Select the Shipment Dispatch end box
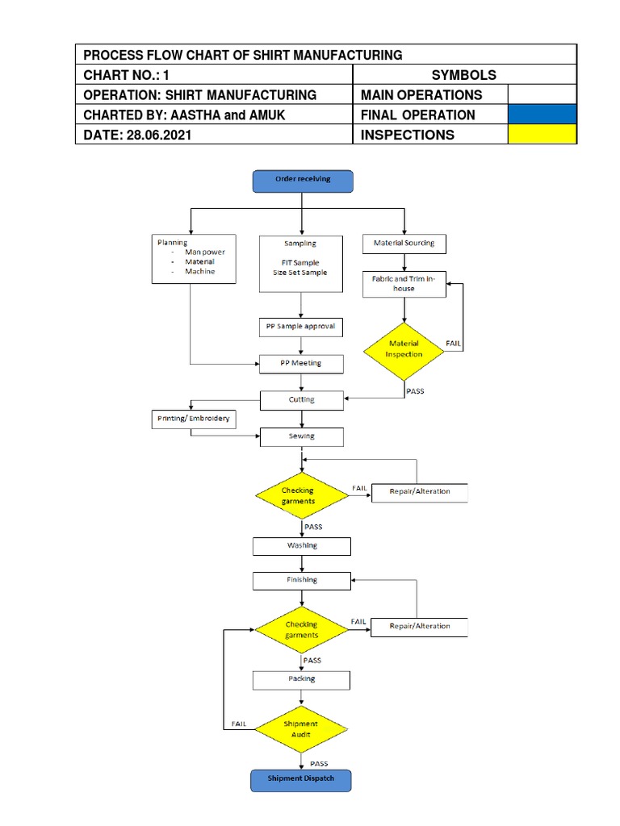[301, 779]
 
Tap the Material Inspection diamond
[404, 348]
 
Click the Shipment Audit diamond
[301, 728]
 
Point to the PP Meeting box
[301, 364]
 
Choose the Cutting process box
[301, 399]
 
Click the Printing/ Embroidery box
[193, 419]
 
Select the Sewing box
[301, 436]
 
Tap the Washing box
[301, 546]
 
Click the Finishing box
[301, 580]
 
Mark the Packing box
[301, 679]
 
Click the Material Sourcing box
[404, 243]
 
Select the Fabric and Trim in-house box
[404, 284]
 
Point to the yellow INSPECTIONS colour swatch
[542, 135]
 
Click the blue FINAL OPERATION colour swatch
[542, 115]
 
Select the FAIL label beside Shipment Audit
[240, 724]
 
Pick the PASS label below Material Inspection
[416, 391]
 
